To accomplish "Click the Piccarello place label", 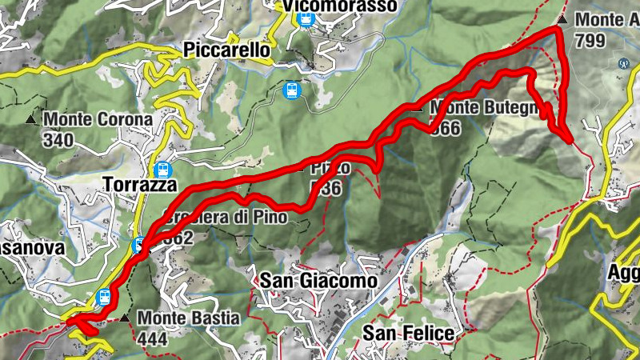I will click(226, 50).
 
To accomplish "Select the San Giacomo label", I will click(318, 281).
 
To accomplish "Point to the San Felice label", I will click(408, 333).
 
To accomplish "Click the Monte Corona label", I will click(98, 120).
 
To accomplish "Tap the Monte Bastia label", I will click(188, 318).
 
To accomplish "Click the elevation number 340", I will click(59, 141).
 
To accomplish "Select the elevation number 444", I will click(152, 338).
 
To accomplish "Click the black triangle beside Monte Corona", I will click(30, 120).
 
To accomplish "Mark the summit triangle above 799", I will click(563, 18).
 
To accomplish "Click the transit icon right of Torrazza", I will click(163, 170).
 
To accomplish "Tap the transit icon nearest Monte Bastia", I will click(103, 298).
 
